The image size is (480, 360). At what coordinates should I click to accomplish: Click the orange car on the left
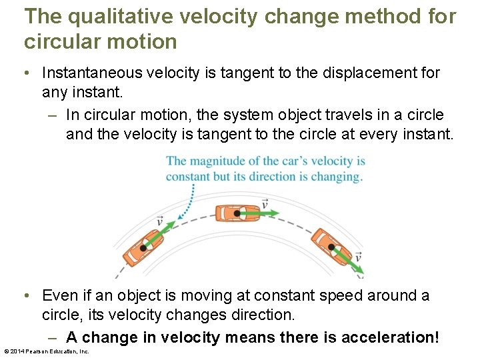143,248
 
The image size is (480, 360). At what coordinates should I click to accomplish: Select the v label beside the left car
159,221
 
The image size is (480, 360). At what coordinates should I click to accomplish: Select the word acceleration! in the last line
390,338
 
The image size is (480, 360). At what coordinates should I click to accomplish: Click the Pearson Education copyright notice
47,351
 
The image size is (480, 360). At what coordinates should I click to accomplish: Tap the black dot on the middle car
237,213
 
